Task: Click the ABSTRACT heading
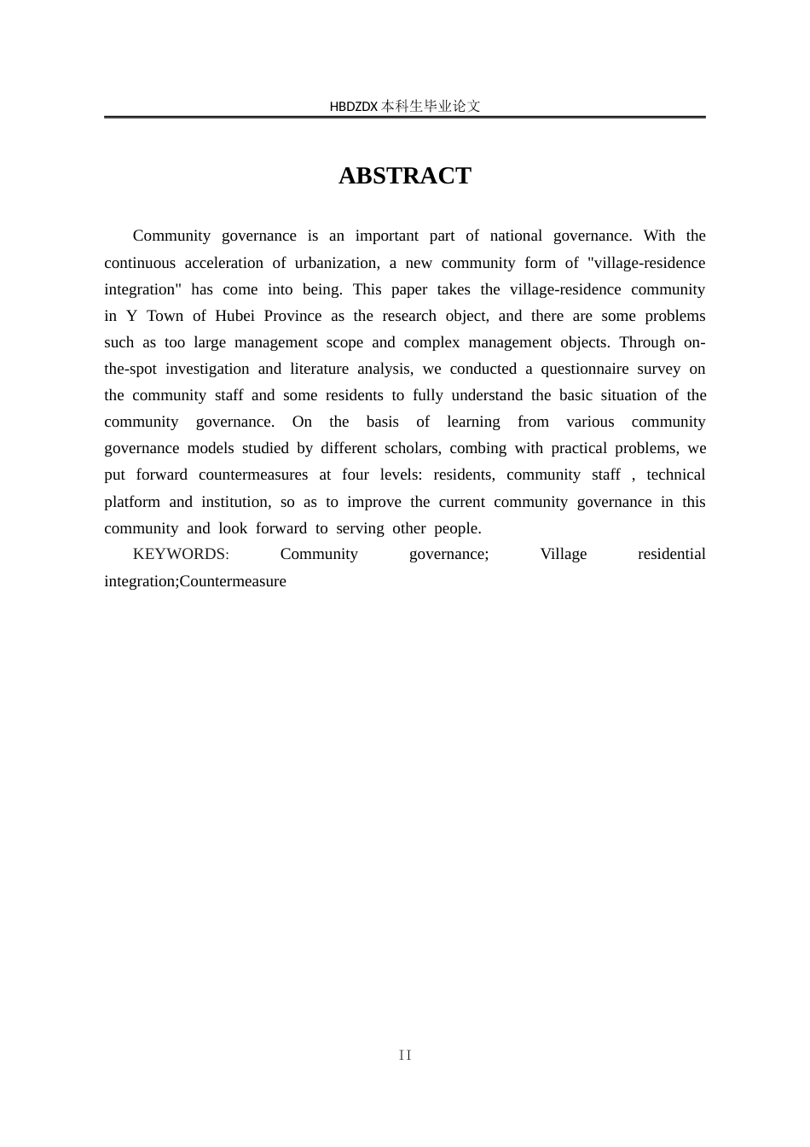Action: tap(405, 176)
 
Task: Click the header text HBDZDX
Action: tap(353, 107)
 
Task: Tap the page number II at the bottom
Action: tap(405, 1056)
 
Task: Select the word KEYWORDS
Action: tap(180, 554)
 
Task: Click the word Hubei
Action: tap(234, 316)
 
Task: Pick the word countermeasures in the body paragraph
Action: tap(253, 475)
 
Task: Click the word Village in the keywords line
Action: tap(564, 554)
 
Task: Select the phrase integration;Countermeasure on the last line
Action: tap(195, 581)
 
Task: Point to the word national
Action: tap(516, 236)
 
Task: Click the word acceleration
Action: tap(223, 263)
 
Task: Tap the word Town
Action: tap(165, 316)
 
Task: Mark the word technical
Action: tap(675, 475)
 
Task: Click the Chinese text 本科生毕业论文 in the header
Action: tap(431, 107)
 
